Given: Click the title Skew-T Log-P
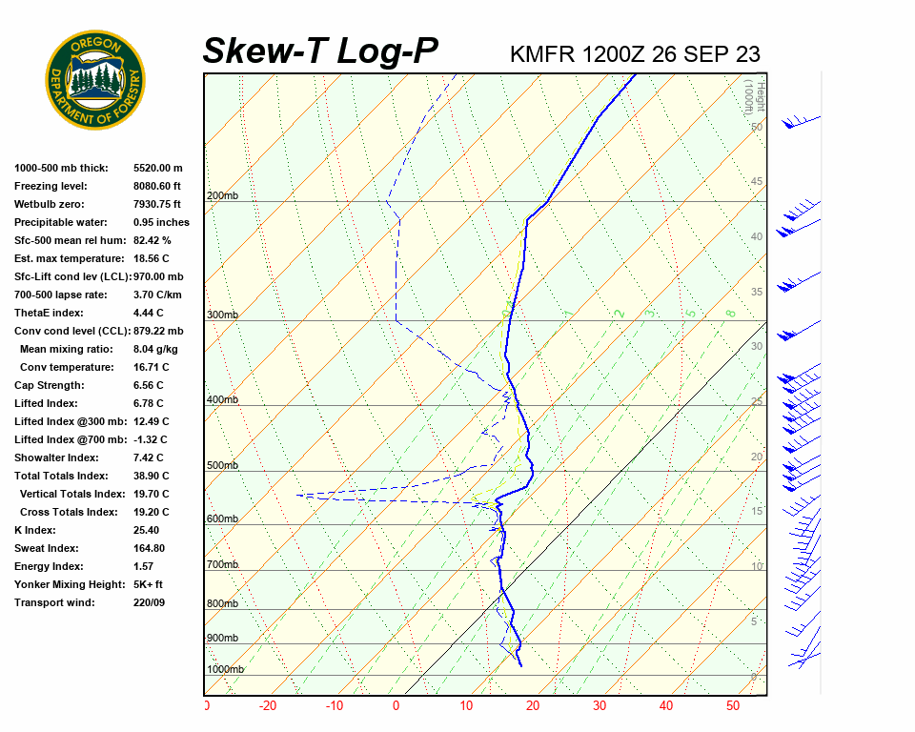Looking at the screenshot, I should tap(320, 51).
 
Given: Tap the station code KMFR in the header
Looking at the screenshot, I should tap(542, 53).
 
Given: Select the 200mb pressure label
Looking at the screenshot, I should tap(222, 196).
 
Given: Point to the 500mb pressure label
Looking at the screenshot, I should tap(222, 466).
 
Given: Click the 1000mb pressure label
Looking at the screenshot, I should tap(225, 670).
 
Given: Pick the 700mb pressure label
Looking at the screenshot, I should tap(222, 565).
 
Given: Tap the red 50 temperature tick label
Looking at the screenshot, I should tap(733, 706).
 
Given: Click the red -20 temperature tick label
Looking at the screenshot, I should tap(267, 706).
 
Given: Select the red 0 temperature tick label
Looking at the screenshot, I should tap(396, 706).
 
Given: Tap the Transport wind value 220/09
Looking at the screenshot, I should tap(149, 602).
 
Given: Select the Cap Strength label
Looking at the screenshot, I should tap(50, 385).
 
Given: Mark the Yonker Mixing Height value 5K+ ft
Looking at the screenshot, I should tap(149, 584).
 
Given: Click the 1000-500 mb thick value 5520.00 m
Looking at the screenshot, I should tap(158, 168).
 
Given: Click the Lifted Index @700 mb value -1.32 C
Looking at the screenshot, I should tap(151, 439).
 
